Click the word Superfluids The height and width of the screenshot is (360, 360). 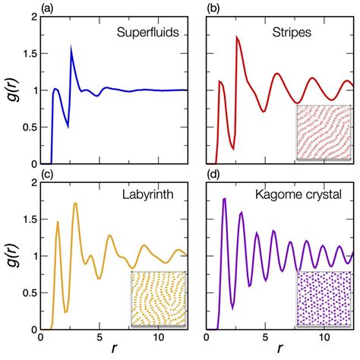(x=147, y=33)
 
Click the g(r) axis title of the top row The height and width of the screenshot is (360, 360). (x=11, y=90)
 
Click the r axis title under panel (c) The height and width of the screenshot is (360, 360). (x=114, y=352)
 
